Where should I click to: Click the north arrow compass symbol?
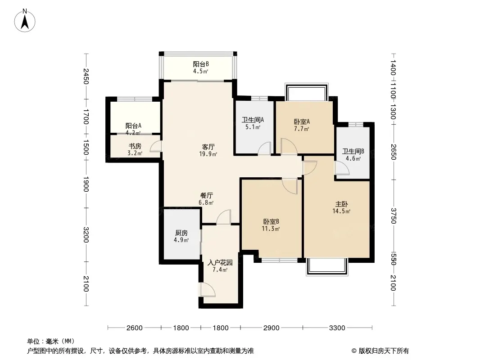pyautogui.click(x=25, y=21)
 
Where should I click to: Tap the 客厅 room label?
pyautogui.click(x=208, y=147)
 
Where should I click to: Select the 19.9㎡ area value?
pyautogui.click(x=208, y=154)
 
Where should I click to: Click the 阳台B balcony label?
pyautogui.click(x=201, y=64)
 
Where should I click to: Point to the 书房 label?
pyautogui.click(x=135, y=146)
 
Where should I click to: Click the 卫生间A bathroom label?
pyautogui.click(x=253, y=120)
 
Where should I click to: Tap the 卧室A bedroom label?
pyautogui.click(x=302, y=122)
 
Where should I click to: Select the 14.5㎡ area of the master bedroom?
pyautogui.click(x=341, y=211)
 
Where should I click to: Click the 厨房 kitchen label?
pyautogui.click(x=181, y=233)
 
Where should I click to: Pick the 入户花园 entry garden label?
pyautogui.click(x=220, y=263)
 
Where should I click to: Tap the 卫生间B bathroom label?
pyautogui.click(x=353, y=151)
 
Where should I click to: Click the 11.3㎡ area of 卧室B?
pyautogui.click(x=271, y=229)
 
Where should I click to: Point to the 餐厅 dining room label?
pyautogui.click(x=206, y=195)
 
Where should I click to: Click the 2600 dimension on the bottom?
pyautogui.click(x=134, y=328)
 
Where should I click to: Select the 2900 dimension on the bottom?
pyautogui.click(x=271, y=328)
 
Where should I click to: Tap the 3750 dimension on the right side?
pyautogui.click(x=394, y=216)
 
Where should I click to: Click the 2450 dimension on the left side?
pyautogui.click(x=86, y=76)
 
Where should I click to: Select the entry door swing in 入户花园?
pyautogui.click(x=208, y=290)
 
